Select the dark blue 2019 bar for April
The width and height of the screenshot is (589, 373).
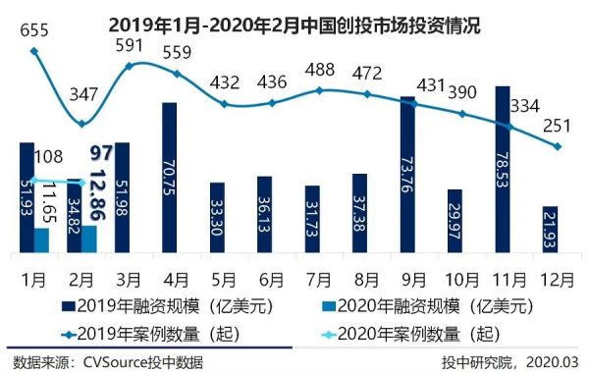(169, 177)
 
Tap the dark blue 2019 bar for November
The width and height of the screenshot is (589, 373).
(503, 170)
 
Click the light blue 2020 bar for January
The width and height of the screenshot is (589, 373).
(41, 240)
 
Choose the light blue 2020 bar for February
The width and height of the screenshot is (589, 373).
(89, 239)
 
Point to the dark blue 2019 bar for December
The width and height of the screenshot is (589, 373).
(551, 230)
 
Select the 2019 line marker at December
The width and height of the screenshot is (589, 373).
(558, 147)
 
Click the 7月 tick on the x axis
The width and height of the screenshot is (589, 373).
(312, 277)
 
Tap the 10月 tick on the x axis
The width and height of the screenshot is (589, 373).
(455, 277)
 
